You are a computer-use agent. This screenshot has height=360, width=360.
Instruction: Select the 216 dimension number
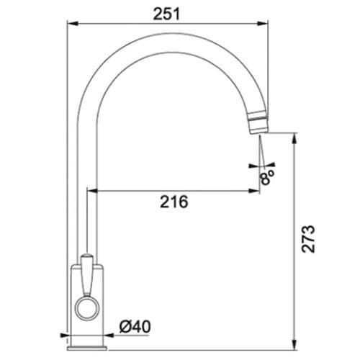click(x=172, y=203)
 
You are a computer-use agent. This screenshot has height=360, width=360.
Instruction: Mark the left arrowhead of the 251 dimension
click(x=73, y=22)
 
